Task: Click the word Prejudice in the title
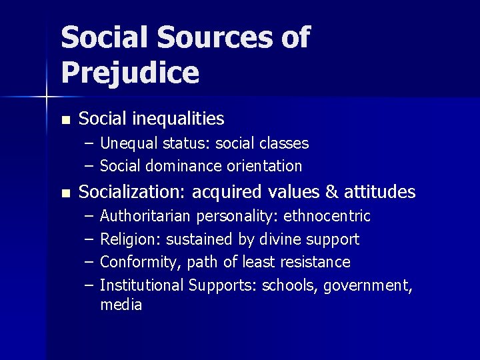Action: pyautogui.click(x=130, y=73)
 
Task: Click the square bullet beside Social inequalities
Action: pyautogui.click(x=65, y=121)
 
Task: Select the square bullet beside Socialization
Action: pyautogui.click(x=65, y=194)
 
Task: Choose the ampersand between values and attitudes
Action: pyautogui.click(x=331, y=193)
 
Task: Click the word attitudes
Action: pyautogui.click(x=379, y=193)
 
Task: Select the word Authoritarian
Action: pyautogui.click(x=144, y=217)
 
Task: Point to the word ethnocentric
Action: pyautogui.click(x=327, y=217)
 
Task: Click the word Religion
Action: pyautogui.click(x=129, y=239)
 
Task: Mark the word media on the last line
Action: pyautogui.click(x=121, y=305)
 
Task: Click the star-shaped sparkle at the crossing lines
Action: pyautogui.click(x=47, y=97)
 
